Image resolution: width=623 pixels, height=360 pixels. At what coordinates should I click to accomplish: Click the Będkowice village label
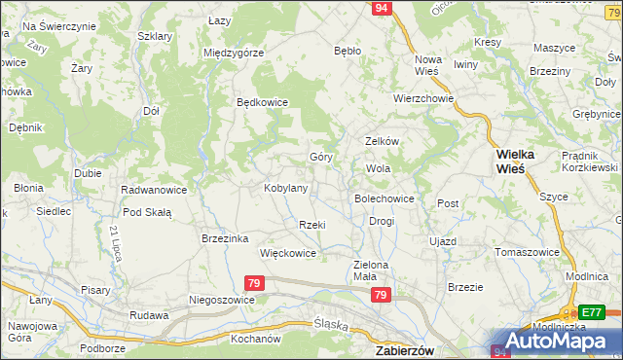263,101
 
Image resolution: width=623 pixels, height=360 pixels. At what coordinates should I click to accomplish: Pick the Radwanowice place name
154,190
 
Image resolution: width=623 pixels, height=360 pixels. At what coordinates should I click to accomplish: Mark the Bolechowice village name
385,198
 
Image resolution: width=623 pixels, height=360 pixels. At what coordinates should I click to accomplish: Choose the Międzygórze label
234,53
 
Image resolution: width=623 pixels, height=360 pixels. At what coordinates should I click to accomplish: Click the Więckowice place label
288,253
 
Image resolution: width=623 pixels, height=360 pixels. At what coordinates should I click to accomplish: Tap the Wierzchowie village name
423,98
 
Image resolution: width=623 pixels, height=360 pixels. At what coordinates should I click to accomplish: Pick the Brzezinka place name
226,238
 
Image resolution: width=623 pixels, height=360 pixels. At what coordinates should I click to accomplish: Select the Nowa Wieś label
427,65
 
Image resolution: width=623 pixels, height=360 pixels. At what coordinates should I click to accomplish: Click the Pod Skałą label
147,212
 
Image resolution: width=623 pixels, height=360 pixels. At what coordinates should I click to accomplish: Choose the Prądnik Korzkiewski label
590,162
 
